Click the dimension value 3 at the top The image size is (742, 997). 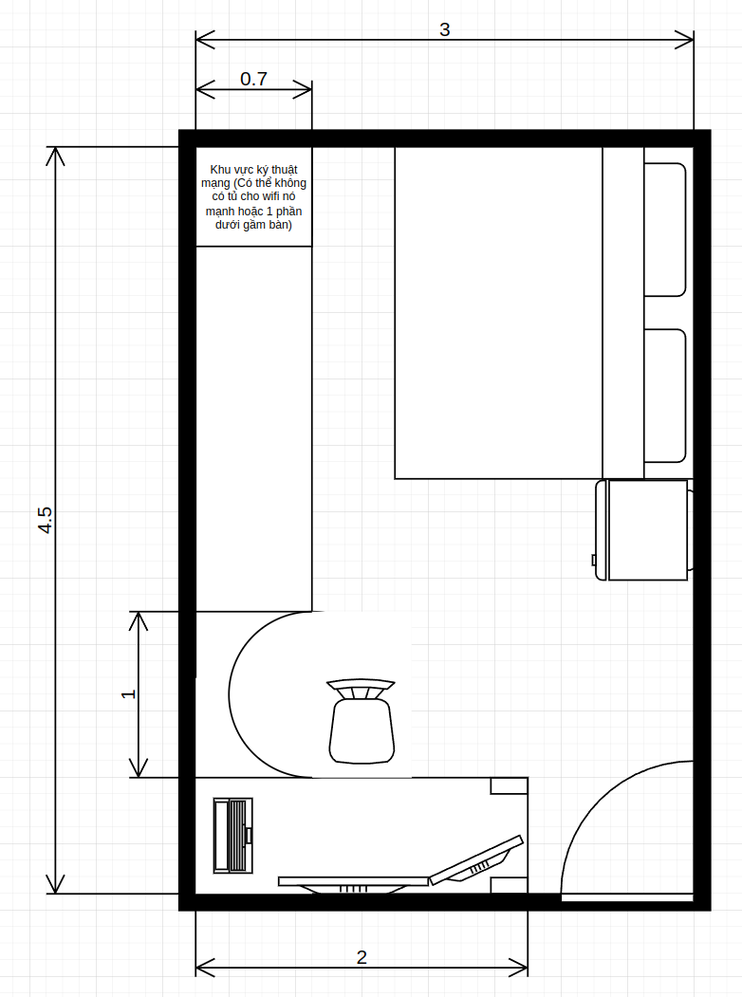pos(444,29)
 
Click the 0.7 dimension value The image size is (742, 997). pos(253,79)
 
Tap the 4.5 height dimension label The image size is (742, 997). pos(45,520)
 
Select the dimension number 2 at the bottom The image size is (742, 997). pos(362,957)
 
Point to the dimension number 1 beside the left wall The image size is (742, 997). pos(128,693)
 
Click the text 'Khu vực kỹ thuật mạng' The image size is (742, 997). pos(252,176)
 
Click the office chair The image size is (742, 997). pos(362,721)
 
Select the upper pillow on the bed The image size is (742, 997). pos(665,230)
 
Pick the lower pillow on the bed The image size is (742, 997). pos(665,396)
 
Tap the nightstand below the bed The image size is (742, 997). pos(643,529)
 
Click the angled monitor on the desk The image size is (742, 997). pos(476,861)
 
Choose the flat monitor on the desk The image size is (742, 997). pos(354,884)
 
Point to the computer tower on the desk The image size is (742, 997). pos(232,836)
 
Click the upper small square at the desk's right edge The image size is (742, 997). pos(509,785)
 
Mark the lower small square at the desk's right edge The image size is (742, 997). pos(509,886)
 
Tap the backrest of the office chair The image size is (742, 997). pos(361,689)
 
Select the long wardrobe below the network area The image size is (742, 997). pos(253,429)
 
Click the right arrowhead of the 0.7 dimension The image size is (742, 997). pos(303,89)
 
